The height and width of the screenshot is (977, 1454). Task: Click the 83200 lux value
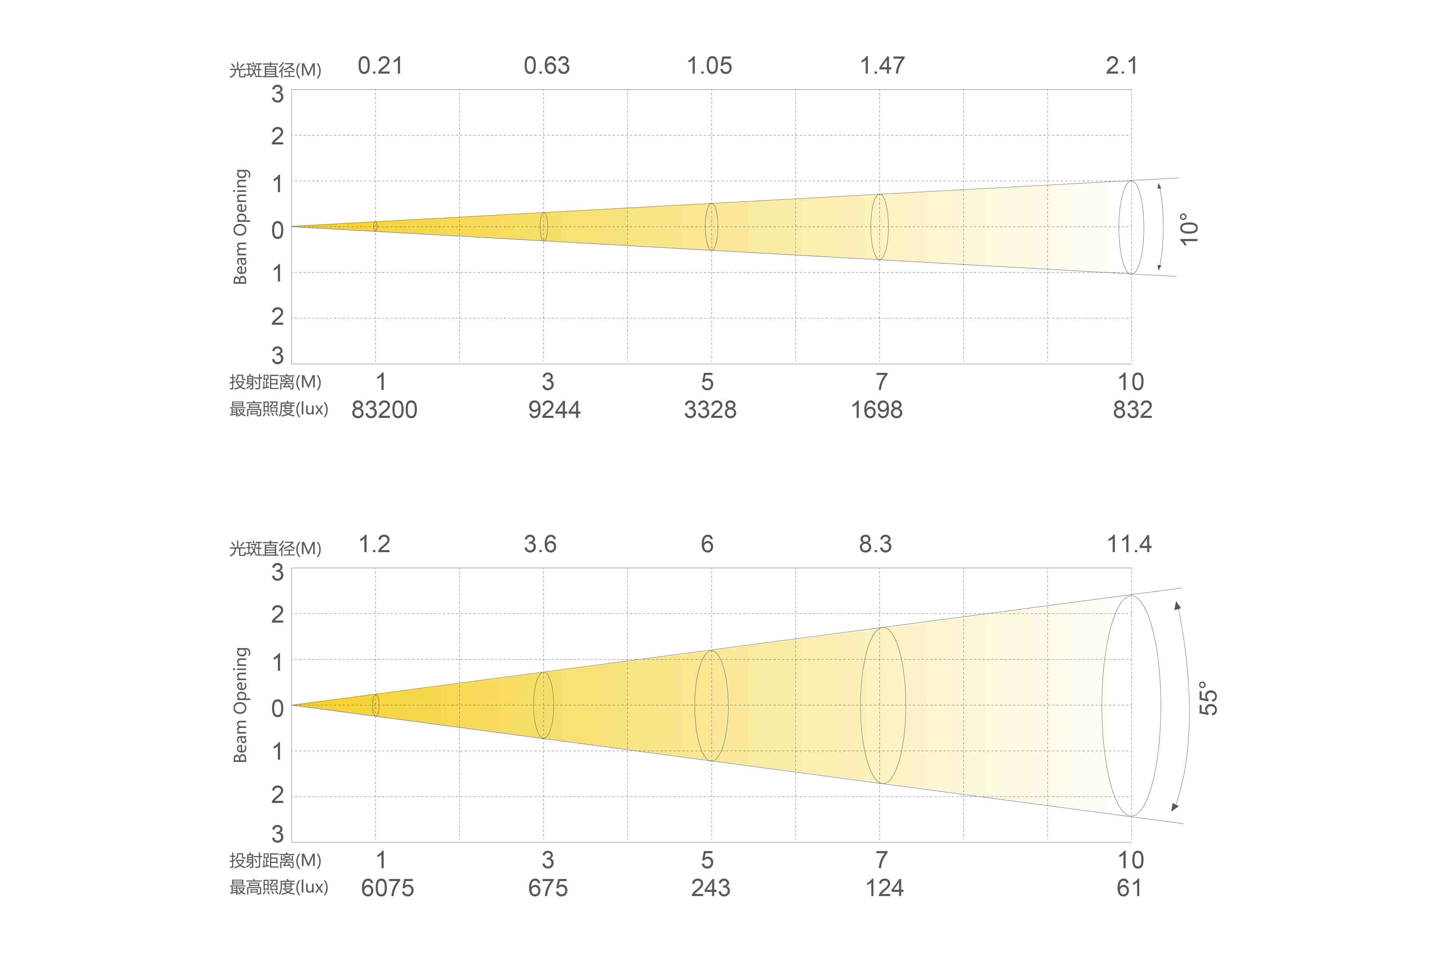pyautogui.click(x=384, y=410)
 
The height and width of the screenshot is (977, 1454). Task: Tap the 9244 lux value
pyautogui.click(x=554, y=410)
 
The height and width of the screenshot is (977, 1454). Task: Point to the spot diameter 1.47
pyautogui.click(x=882, y=66)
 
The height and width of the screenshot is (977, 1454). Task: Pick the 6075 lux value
pyautogui.click(x=387, y=888)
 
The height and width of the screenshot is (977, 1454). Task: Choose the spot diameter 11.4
pyautogui.click(x=1129, y=544)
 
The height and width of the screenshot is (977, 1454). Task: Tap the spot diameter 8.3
pyautogui.click(x=875, y=544)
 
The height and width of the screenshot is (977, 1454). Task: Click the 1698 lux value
pyautogui.click(x=876, y=410)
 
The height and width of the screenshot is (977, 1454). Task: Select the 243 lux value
pyautogui.click(x=710, y=888)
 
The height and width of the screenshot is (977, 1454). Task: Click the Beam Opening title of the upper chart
pyautogui.click(x=241, y=227)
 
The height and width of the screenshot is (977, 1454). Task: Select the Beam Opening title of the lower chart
pyautogui.click(x=241, y=705)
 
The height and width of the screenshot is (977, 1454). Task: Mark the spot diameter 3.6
pyautogui.click(x=540, y=544)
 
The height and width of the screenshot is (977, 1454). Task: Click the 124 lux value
pyautogui.click(x=884, y=888)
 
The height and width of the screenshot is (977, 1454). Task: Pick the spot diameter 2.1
pyautogui.click(x=1121, y=66)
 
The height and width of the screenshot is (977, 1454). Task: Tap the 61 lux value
pyautogui.click(x=1129, y=888)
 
